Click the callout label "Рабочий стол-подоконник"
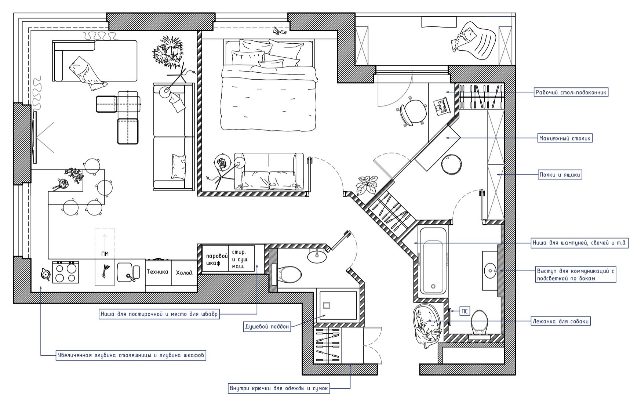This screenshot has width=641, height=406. coord(571,93)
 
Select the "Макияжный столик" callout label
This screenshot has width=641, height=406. coord(565,138)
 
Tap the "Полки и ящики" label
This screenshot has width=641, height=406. coord(560,175)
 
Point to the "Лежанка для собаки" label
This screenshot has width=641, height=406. coord(561,322)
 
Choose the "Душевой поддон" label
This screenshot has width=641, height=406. coord(267,327)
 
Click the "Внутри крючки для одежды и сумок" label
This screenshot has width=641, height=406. coord(279,388)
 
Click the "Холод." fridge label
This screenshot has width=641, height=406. coord(185,273)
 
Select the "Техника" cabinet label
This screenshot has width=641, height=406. coord(158,272)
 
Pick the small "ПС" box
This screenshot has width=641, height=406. coord(465,312)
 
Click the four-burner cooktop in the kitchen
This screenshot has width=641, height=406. coord(65,272)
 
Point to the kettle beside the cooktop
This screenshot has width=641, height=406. coord(45,274)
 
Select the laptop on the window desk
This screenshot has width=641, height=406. coord(441,106)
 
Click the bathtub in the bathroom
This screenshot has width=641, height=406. coord(433,260)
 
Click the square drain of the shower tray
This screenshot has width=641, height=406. coord(327,305)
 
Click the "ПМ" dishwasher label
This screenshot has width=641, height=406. coord(105,254)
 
